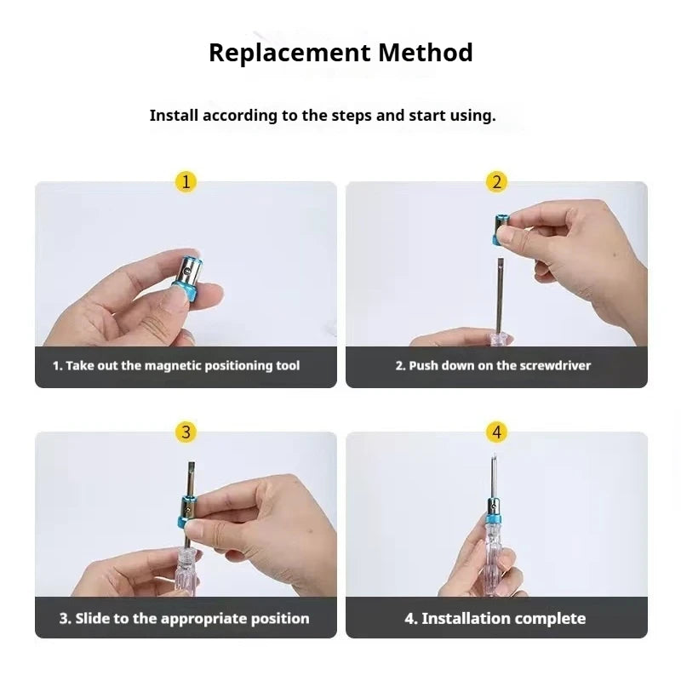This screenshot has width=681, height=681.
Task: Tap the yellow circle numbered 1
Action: pos(186,181)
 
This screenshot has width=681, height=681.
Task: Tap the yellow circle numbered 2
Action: pos(496,181)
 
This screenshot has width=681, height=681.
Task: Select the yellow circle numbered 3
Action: pos(186,432)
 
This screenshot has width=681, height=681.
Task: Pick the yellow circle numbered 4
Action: pos(496,432)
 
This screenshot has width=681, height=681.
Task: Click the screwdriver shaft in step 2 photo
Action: pos(496,294)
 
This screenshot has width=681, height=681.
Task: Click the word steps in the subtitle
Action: pos(352,116)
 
